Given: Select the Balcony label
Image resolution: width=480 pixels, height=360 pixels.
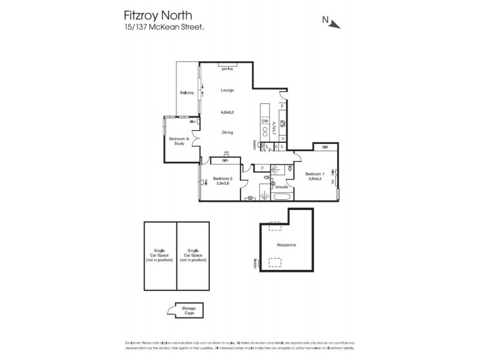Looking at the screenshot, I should click(187, 93).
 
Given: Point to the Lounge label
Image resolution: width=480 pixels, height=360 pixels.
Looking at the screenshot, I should click(226, 90).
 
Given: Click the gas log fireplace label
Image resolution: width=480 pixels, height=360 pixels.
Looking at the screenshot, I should click(226, 68).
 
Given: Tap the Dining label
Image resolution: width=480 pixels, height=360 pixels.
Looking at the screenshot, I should click(226, 133).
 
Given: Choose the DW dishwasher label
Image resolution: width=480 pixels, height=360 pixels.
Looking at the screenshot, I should click(264, 122).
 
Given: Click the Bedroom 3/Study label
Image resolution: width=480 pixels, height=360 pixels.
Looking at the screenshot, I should click(179, 141).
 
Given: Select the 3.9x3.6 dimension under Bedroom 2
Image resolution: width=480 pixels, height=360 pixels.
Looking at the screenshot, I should click(223, 184).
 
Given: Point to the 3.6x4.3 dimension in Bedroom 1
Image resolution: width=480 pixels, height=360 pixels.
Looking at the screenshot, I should click(315, 178).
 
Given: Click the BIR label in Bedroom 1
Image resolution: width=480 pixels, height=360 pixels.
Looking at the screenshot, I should click(325, 148).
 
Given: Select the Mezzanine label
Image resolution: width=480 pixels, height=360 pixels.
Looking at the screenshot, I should click(286, 245).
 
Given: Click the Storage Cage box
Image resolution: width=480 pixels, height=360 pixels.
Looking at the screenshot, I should click(189, 310).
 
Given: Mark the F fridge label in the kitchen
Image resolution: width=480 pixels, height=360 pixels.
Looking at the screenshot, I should click(281, 106).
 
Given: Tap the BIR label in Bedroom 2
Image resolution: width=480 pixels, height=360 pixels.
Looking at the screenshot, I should click(225, 161).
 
